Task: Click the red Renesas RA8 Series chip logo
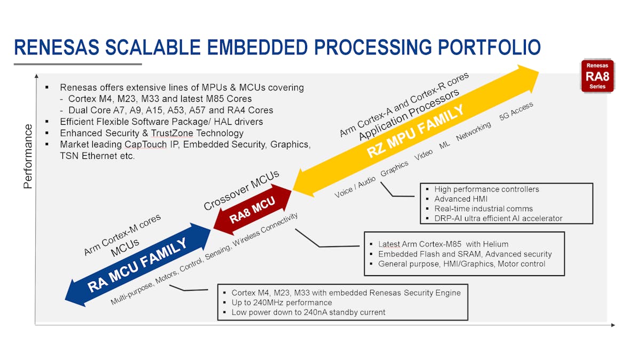(597, 76)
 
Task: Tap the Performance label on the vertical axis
(28, 156)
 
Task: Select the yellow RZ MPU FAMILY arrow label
(415, 131)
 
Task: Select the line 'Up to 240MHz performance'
(282, 302)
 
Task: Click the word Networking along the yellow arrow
(474, 131)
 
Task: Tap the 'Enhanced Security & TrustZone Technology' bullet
(151, 133)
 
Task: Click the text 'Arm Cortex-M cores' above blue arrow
(122, 235)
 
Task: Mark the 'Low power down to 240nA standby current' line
(308, 312)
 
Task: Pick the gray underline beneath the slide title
(78, 65)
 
